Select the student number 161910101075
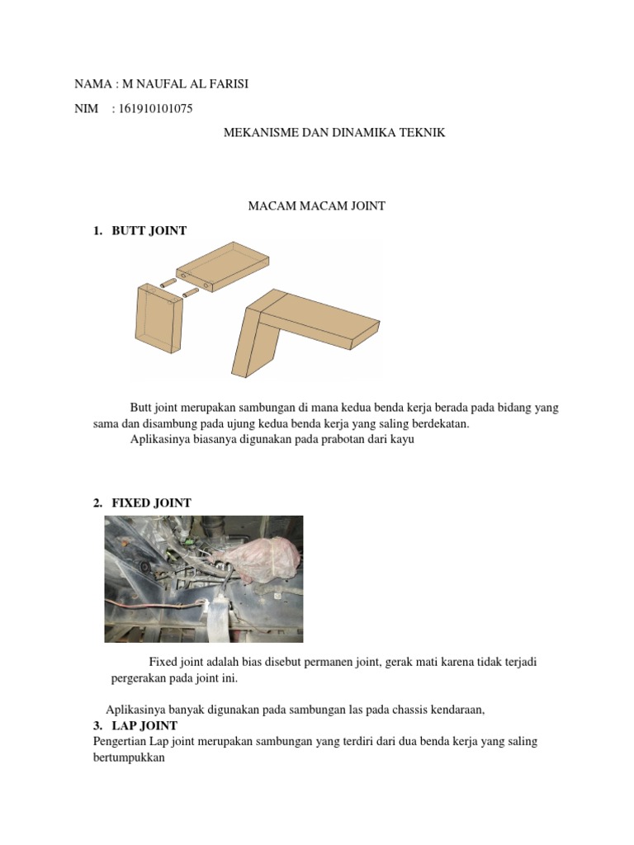click(157, 108)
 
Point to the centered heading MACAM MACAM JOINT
click(317, 205)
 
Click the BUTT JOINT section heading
click(149, 230)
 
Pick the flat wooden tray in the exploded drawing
click(223, 264)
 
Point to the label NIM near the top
click(86, 108)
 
